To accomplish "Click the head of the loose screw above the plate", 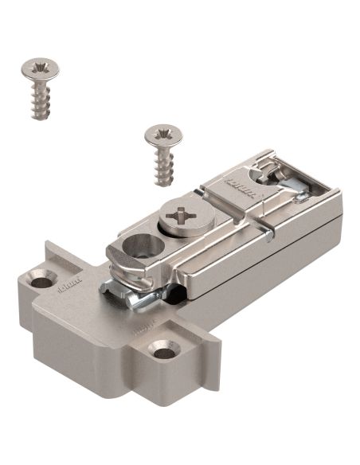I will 163,136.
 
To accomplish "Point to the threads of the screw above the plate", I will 164,165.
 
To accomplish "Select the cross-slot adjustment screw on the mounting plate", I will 186,216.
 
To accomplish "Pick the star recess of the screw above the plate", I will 163,134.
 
